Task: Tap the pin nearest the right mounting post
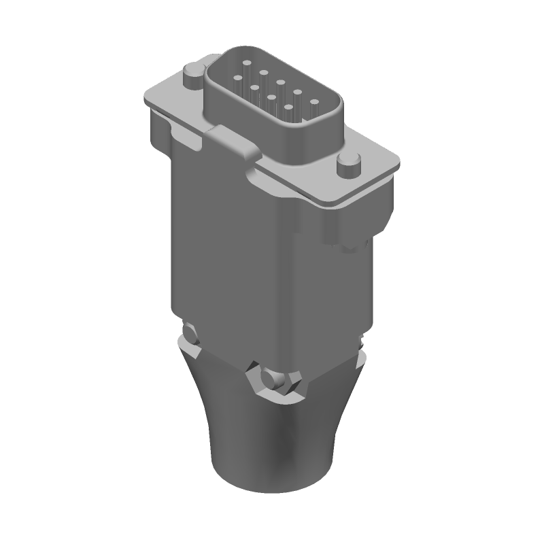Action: pyautogui.click(x=315, y=102)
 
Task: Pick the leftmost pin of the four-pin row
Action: pyautogui.click(x=238, y=78)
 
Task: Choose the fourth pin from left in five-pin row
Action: pyautogui.click(x=298, y=92)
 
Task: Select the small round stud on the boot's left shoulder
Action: pyautogui.click(x=190, y=333)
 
